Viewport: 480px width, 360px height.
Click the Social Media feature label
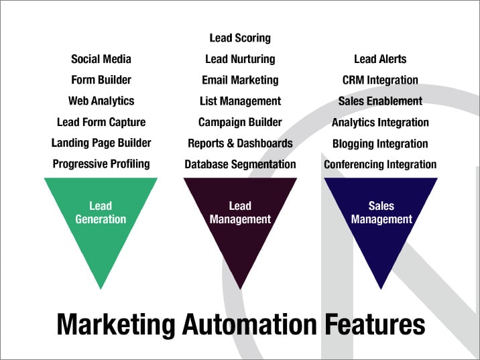tap(101, 59)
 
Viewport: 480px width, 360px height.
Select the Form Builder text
tap(101, 80)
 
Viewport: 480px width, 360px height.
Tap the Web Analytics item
tap(101, 101)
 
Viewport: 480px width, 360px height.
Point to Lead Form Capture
tap(101, 122)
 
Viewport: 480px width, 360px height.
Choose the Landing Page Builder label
tap(101, 143)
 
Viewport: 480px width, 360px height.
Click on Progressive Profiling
tap(101, 164)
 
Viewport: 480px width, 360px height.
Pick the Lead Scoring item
tap(240, 38)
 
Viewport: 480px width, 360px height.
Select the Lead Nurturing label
tap(240, 59)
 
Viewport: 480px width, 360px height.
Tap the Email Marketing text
tap(240, 80)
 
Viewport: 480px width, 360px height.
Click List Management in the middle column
tap(240, 101)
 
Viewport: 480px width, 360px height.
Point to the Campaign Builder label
tap(240, 122)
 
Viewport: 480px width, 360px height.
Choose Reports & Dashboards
tap(240, 143)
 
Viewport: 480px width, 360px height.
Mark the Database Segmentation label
tap(240, 164)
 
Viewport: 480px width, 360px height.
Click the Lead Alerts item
tap(380, 59)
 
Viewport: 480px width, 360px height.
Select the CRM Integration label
tap(380, 80)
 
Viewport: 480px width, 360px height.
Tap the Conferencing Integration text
tap(380, 164)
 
